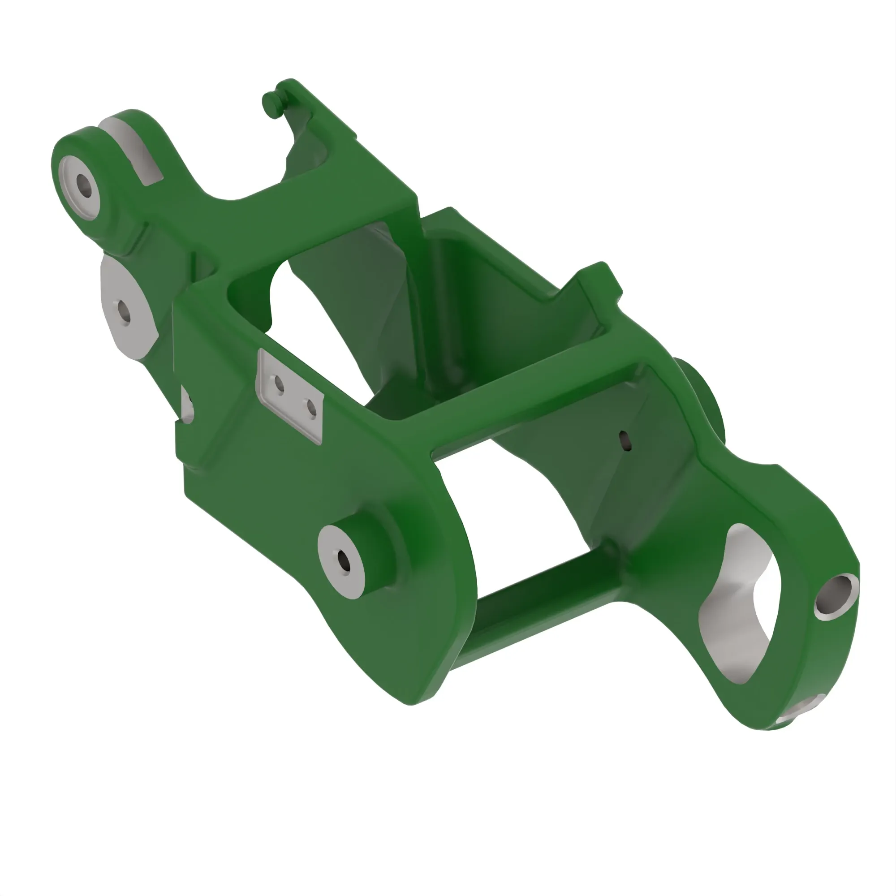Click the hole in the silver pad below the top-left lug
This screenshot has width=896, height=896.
(124, 312)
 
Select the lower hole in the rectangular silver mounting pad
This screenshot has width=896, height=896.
(312, 408)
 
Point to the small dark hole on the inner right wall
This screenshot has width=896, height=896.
(625, 440)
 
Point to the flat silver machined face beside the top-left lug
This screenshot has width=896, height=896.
(134, 148)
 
